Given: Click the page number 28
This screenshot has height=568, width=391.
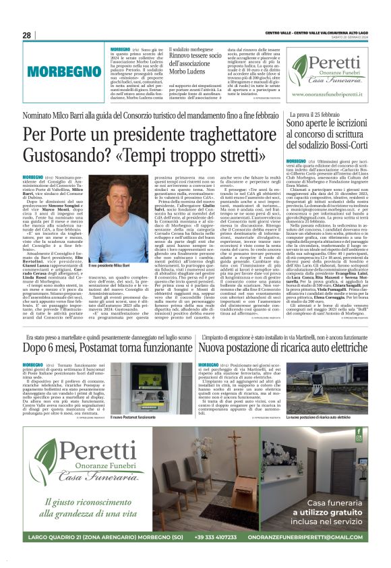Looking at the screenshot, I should coord(26,35).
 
